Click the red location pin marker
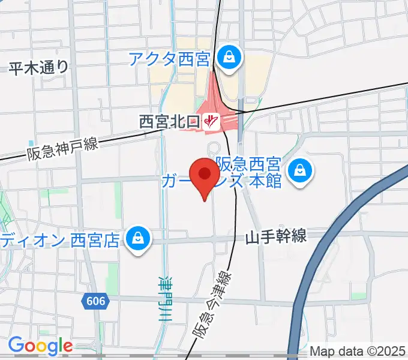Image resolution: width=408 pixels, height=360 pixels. [204, 176]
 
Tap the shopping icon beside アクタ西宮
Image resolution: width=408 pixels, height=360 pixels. [229, 58]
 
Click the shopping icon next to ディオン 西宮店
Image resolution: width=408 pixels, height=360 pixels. [137, 239]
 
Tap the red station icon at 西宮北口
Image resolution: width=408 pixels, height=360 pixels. [209, 121]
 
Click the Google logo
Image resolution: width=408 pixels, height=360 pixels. [40, 346]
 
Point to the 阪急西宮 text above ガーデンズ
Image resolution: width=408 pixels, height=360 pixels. [248, 164]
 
